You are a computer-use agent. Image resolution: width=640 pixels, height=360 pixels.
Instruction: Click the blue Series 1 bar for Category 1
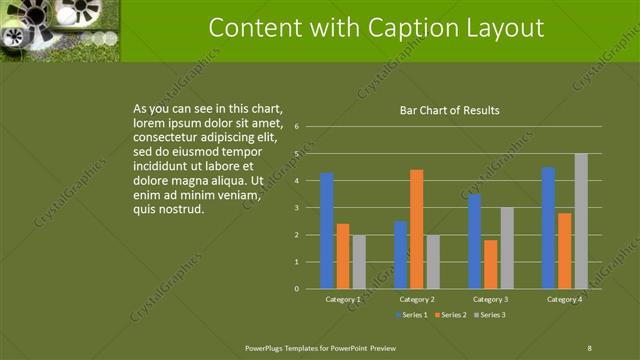click(326, 231)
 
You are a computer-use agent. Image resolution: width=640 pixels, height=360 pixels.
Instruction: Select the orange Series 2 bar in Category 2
click(416, 229)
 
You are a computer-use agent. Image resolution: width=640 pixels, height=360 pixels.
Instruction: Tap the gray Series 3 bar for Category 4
click(581, 221)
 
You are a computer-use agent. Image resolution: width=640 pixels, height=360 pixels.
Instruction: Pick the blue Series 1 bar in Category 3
click(474, 241)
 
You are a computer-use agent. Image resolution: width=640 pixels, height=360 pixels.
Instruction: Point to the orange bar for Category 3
click(490, 264)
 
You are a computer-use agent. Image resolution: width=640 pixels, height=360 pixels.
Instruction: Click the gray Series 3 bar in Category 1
click(359, 262)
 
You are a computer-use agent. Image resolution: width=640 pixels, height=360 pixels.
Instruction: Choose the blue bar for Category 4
click(548, 228)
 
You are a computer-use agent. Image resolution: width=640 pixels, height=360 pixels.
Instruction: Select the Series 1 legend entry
click(415, 315)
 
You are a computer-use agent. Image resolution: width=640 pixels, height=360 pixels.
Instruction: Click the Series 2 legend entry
click(451, 315)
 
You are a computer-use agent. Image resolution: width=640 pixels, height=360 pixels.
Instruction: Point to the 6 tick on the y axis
click(297, 127)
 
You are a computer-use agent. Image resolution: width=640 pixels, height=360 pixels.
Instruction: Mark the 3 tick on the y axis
click(297, 208)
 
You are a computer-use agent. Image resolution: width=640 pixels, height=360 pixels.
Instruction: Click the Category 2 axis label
click(416, 299)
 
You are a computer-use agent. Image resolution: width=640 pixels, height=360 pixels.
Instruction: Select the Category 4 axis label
click(564, 299)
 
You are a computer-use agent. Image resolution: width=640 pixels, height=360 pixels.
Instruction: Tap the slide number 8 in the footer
click(589, 347)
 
